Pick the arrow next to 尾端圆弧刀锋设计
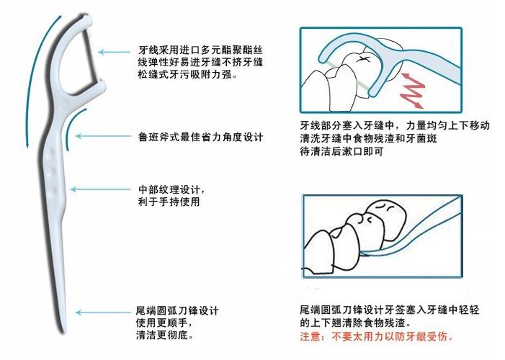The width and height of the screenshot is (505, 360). [101, 312]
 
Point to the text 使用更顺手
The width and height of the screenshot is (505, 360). [167, 323]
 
